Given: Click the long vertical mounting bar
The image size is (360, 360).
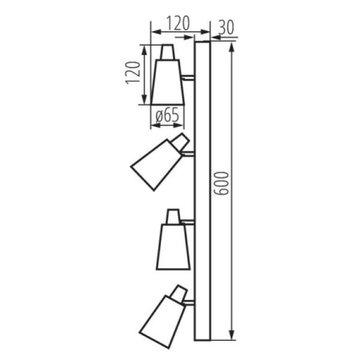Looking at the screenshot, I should tap(202, 192).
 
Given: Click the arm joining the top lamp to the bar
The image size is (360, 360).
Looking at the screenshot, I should tap(189, 78).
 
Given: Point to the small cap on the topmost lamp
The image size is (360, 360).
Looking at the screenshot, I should tap(168, 53).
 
